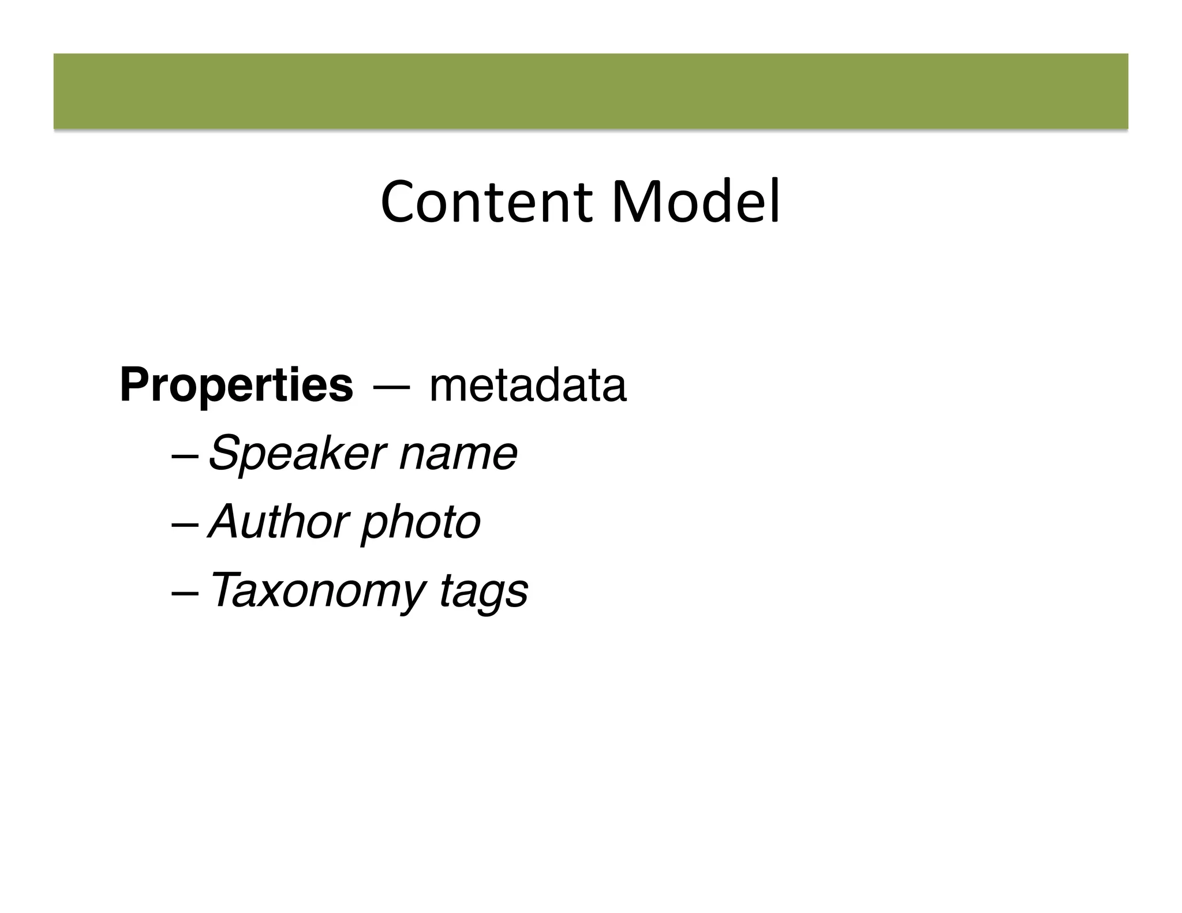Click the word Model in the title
(695, 202)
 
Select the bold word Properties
(236, 386)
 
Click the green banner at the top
(590, 91)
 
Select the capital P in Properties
(133, 386)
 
